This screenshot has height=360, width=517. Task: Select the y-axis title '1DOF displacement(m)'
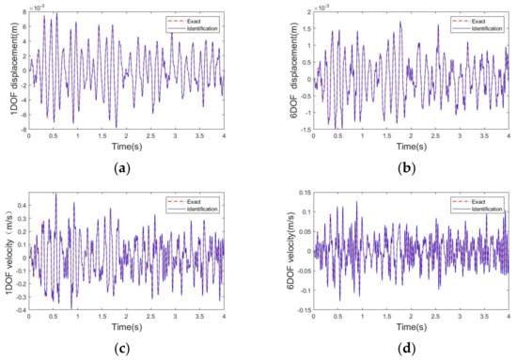click(8, 70)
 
